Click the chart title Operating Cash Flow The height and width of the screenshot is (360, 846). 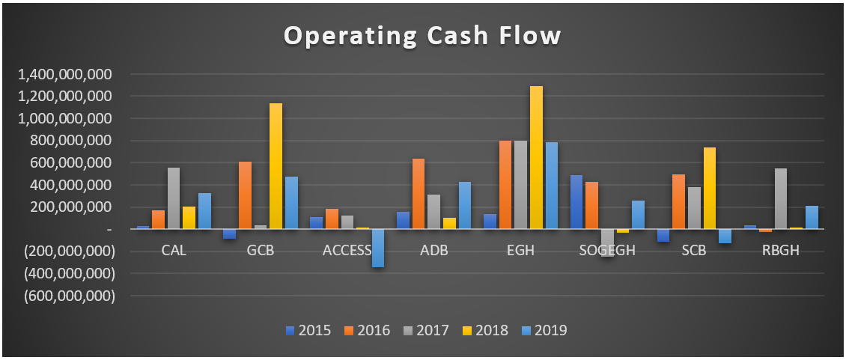click(x=422, y=36)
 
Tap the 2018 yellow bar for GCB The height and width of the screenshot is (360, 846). click(x=276, y=165)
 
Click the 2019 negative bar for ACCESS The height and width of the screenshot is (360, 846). click(x=378, y=248)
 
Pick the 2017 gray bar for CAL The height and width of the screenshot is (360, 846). click(x=174, y=198)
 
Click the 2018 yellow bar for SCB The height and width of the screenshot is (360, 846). click(x=710, y=188)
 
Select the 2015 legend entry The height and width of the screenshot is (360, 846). click(x=308, y=330)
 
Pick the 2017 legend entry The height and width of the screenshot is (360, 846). click(x=427, y=330)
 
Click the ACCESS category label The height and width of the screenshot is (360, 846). click(x=347, y=250)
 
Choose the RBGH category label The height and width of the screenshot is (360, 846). click(x=780, y=250)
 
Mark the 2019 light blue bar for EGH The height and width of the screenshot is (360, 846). click(x=552, y=186)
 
